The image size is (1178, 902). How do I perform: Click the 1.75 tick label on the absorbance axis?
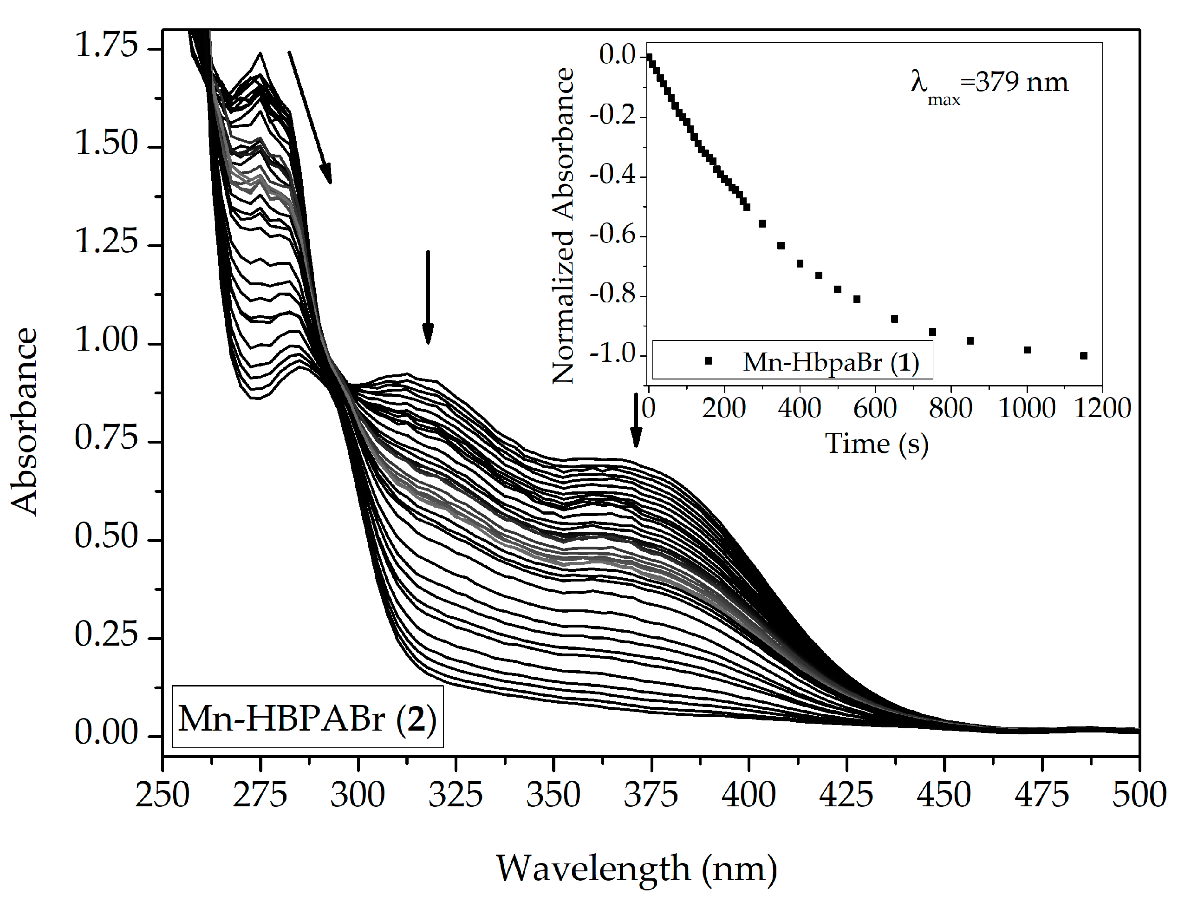(x=106, y=45)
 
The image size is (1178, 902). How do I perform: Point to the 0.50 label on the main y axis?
(x=106, y=536)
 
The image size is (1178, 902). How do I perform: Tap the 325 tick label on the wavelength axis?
(x=455, y=795)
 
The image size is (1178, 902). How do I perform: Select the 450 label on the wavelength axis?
(x=944, y=795)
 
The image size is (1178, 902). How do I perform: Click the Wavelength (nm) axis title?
(x=636, y=869)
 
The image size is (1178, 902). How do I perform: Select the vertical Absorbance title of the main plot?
(x=24, y=421)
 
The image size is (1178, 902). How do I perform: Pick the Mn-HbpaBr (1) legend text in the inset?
(x=830, y=362)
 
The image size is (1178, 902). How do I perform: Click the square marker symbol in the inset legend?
(x=708, y=361)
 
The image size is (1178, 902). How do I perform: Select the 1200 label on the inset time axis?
(x=1103, y=409)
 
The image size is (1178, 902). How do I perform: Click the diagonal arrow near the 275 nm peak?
(x=310, y=117)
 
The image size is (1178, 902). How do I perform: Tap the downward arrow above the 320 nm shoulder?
(x=428, y=296)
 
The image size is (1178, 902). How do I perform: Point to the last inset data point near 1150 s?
(x=1084, y=355)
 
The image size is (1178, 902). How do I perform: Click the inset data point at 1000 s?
(x=1027, y=350)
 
